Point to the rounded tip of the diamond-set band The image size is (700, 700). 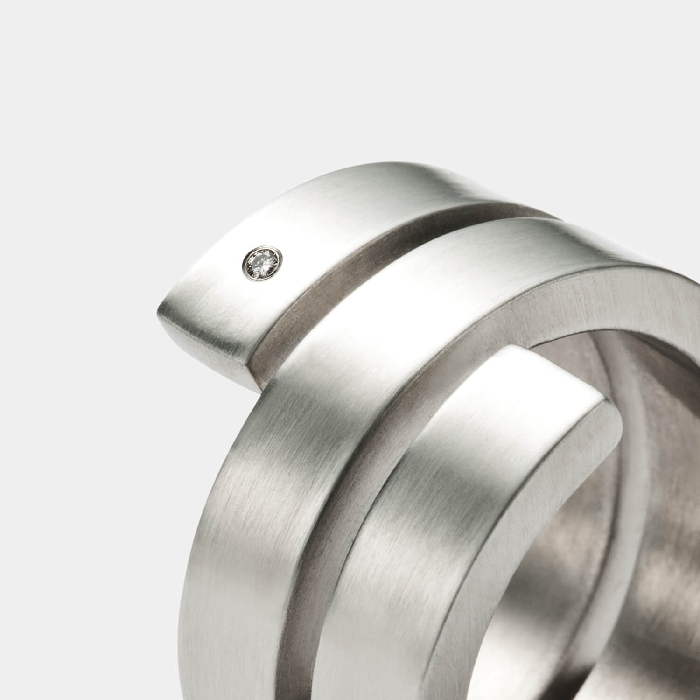pyautogui.click(x=161, y=310)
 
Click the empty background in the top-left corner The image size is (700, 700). pyautogui.click(x=70, y=70)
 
